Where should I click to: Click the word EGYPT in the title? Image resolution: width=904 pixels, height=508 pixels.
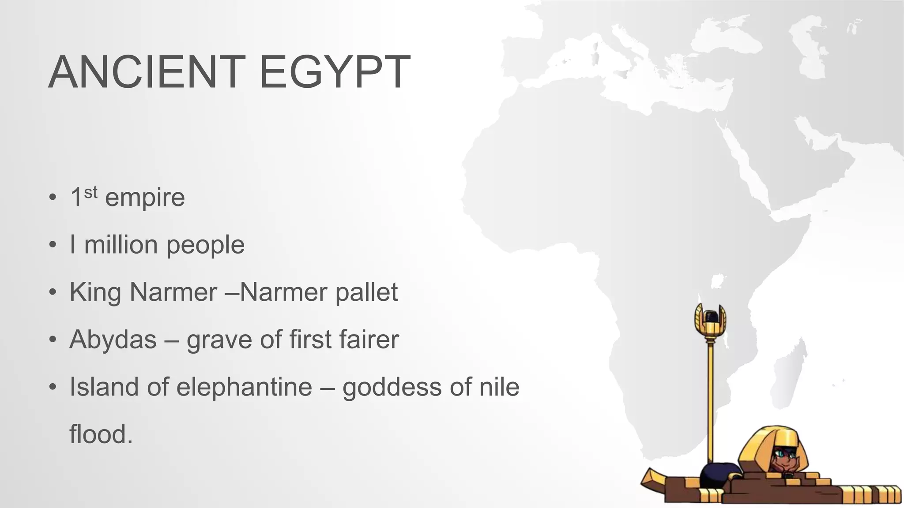tap(335, 72)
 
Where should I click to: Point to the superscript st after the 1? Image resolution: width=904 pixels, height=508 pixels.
tap(90, 192)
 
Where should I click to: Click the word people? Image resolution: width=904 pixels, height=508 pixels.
tap(205, 245)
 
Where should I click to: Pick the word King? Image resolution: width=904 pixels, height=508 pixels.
tap(95, 292)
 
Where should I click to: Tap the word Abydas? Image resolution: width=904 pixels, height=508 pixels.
tap(113, 340)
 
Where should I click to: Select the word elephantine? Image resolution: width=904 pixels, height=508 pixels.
tap(244, 387)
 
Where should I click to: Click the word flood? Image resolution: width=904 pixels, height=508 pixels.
tap(101, 434)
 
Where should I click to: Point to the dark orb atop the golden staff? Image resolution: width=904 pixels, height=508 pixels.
tap(710, 317)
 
